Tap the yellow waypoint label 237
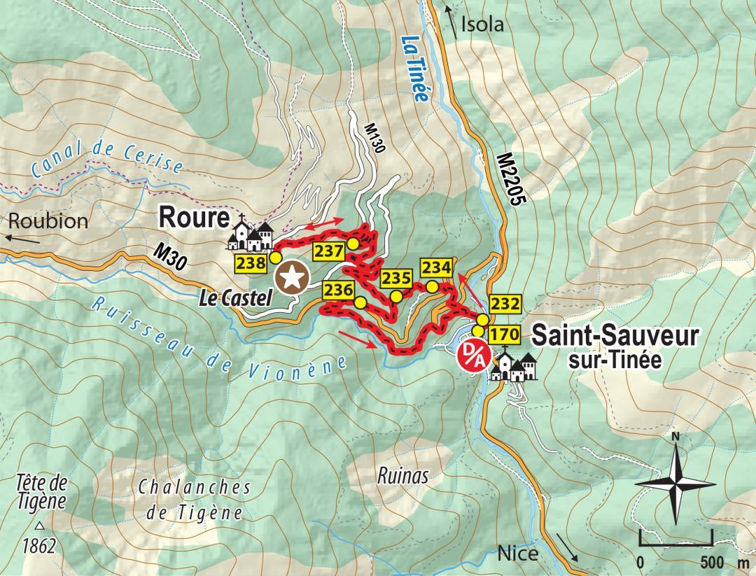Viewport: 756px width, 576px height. point(328,251)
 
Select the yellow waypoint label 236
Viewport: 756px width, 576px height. point(337,290)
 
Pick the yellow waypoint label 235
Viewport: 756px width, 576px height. point(395,278)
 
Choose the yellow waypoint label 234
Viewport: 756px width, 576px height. point(435,267)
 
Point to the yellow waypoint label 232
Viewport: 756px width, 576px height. point(505,304)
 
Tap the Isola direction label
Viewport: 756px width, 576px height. point(482,26)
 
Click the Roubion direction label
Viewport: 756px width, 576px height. point(48,221)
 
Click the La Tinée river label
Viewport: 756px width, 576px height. point(412,69)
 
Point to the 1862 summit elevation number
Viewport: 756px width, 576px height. point(38,546)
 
